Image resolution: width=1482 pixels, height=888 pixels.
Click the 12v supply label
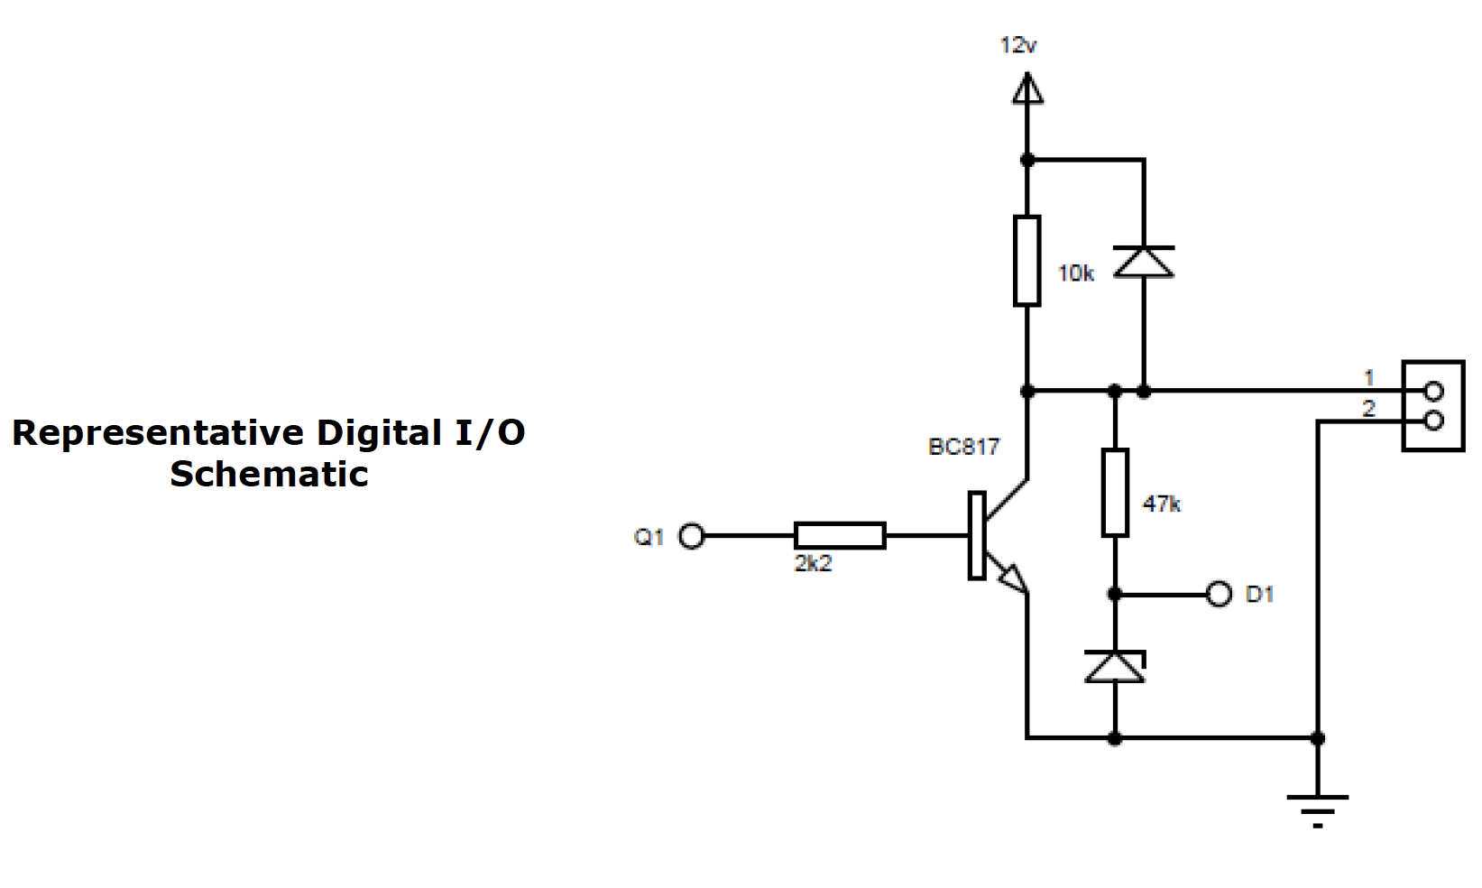1018,45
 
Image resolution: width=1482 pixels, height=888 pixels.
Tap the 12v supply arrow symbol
1026,89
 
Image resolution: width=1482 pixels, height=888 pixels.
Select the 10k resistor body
1026,261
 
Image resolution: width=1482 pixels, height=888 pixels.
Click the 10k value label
1075,273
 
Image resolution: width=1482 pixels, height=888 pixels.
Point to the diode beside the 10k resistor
1144,262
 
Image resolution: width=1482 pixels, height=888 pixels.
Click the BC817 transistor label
963,447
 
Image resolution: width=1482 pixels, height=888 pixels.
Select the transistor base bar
976,535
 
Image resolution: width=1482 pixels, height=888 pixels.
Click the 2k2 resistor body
840,535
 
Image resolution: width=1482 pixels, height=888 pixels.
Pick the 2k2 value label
813,564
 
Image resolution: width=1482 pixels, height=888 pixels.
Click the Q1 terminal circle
691,536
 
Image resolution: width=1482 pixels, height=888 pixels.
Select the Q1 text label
649,537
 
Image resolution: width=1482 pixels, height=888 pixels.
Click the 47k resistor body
1115,492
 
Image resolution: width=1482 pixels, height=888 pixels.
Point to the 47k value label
1161,504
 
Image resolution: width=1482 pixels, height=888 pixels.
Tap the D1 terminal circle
1219,594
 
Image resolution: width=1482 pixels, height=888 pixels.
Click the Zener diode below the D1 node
1115,667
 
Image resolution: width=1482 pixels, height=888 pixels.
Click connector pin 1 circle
1433,391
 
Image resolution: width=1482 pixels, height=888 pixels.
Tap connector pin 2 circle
1433,421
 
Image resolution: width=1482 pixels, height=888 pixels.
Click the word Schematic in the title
269,475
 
